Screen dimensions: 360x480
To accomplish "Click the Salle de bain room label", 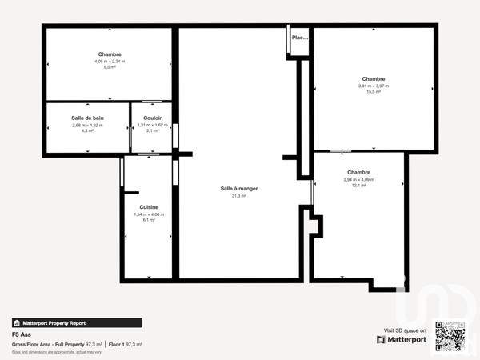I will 87,118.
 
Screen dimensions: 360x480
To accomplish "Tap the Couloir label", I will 152,118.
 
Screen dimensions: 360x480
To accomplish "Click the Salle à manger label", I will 238,189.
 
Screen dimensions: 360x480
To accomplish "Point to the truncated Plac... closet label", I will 300,38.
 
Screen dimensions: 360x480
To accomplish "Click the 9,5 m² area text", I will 110,67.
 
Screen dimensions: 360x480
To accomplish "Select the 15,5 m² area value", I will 374,92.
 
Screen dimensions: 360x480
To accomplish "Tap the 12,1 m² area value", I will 358,186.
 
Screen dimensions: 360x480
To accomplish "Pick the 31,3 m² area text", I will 238,195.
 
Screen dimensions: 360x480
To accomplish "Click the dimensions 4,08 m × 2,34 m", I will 110,61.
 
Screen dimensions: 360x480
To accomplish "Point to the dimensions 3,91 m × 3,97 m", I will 374,86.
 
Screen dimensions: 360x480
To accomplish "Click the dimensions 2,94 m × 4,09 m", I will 358,179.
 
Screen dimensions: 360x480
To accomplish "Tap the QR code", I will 448,334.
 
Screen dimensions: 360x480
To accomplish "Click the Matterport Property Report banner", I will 77,322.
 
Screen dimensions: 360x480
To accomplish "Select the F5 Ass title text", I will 22,334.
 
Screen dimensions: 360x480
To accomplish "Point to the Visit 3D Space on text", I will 405,330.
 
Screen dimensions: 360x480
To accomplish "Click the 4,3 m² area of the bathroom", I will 87,130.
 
